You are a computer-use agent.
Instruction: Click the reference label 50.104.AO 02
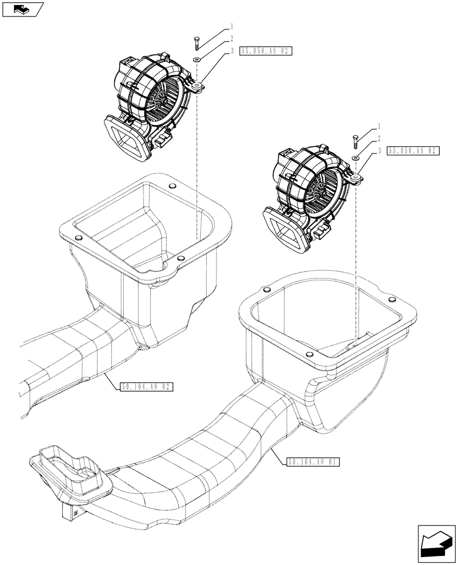coord(146,387)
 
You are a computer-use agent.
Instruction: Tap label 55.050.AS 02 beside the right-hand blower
coord(413,151)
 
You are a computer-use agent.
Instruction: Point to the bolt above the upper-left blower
coord(196,41)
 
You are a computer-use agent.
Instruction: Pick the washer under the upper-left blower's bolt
coord(196,59)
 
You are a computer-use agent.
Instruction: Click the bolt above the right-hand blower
coord(356,140)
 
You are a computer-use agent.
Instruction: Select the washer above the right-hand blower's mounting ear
coord(355,159)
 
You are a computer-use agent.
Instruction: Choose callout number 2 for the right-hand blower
coord(379,138)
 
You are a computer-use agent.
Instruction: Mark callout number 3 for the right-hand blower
coord(379,151)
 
